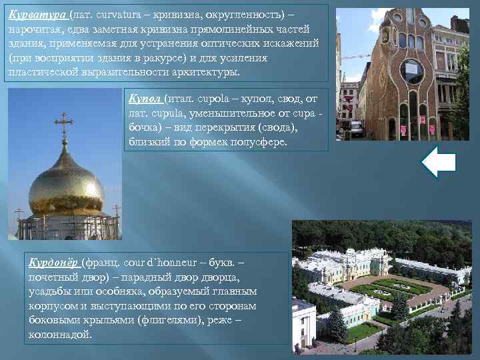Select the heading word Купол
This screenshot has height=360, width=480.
tap(145, 99)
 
